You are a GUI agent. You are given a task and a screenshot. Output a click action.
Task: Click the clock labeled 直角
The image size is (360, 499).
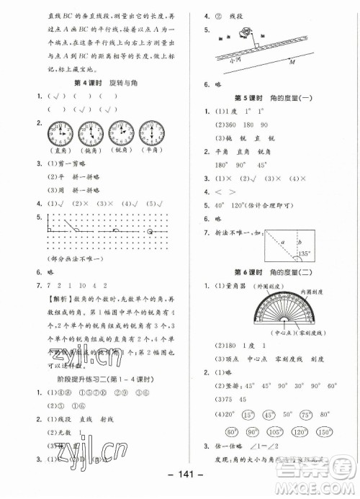tap(61, 133)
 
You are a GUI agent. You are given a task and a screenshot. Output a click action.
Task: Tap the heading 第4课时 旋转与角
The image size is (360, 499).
tap(109, 84)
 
